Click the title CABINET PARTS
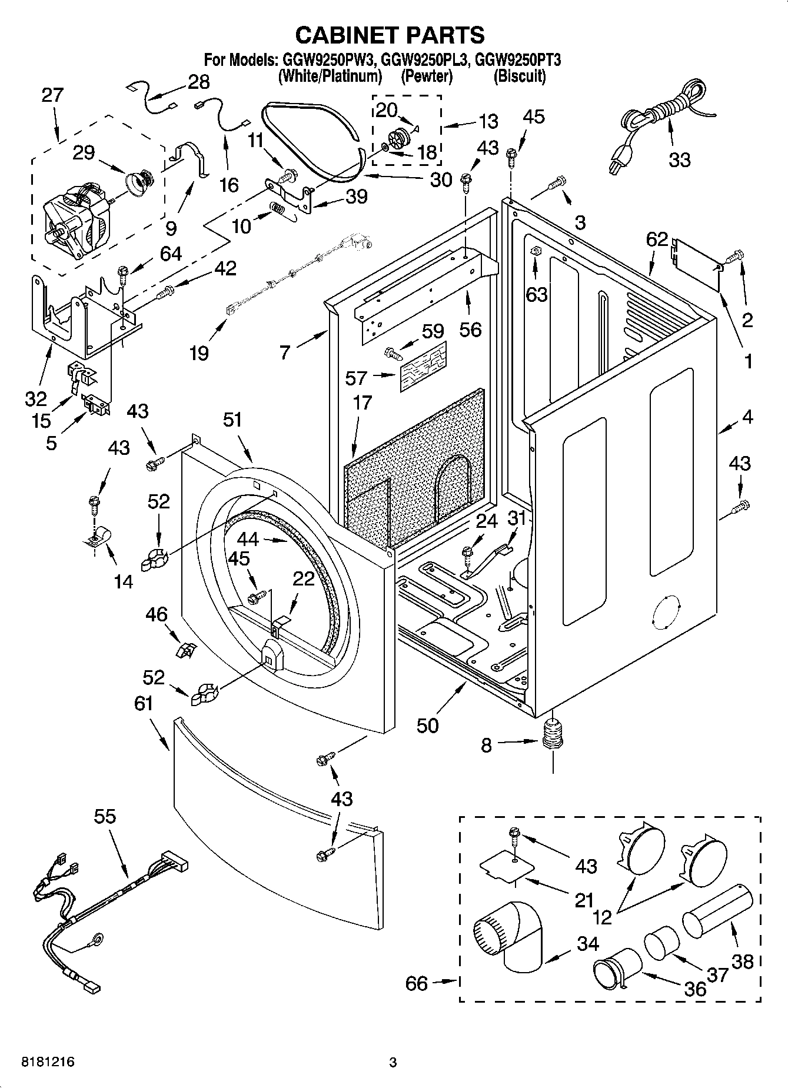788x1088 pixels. (x=390, y=35)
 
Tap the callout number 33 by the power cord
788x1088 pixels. (x=679, y=159)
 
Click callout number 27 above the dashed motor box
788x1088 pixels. (x=52, y=95)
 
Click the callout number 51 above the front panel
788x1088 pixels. (x=232, y=420)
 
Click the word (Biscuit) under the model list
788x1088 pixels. (x=519, y=76)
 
